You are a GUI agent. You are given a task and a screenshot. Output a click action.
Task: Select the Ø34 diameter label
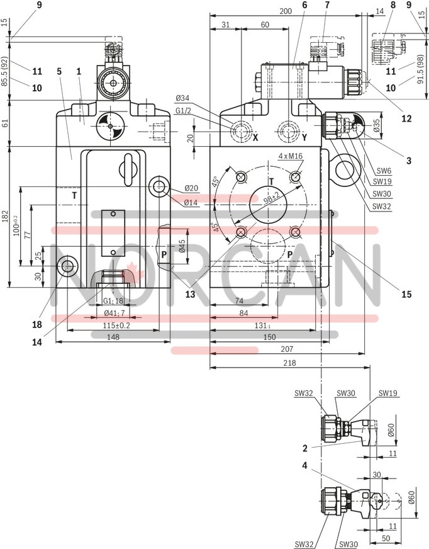[x=183, y=98]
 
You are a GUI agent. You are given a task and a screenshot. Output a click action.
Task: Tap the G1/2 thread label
[x=183, y=111]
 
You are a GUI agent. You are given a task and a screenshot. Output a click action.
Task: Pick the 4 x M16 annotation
[x=291, y=155]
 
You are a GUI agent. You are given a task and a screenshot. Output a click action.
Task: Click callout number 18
[x=37, y=325]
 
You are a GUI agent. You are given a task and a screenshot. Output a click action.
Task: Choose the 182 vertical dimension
[x=6, y=217]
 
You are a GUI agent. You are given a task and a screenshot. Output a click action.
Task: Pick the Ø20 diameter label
[x=192, y=189]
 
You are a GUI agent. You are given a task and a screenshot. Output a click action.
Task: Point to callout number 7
[x=326, y=6]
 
